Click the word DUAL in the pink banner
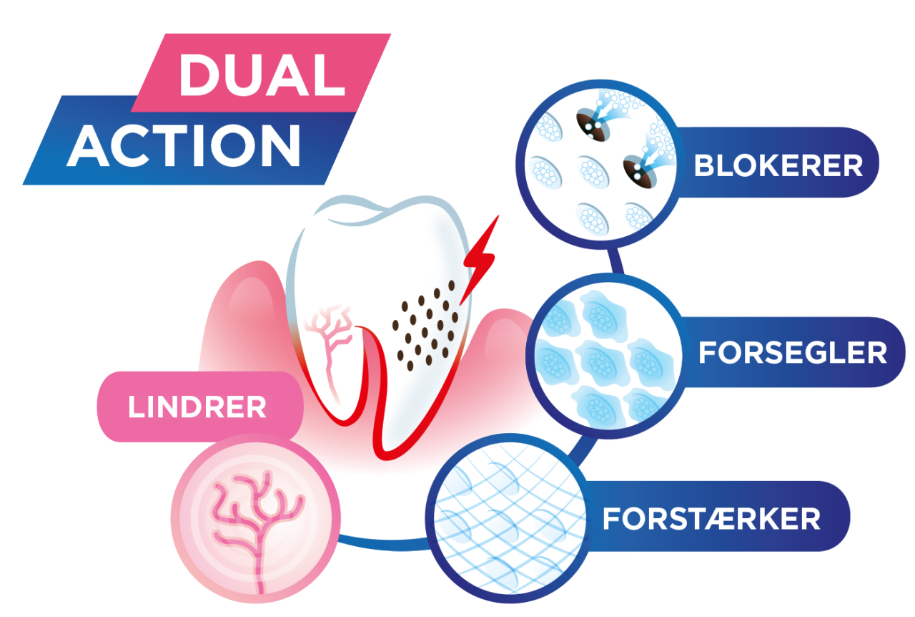(x=262, y=76)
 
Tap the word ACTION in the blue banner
(x=184, y=145)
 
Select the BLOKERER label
(x=778, y=166)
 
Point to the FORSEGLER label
(x=793, y=353)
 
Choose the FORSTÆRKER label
(x=711, y=519)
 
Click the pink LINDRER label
(x=197, y=407)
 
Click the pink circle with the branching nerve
(x=256, y=519)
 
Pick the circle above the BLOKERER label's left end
(x=600, y=165)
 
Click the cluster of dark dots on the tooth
(x=425, y=325)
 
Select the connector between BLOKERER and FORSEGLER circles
(x=615, y=261)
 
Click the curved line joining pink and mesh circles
(x=384, y=545)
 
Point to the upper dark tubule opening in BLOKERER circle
(x=593, y=125)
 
